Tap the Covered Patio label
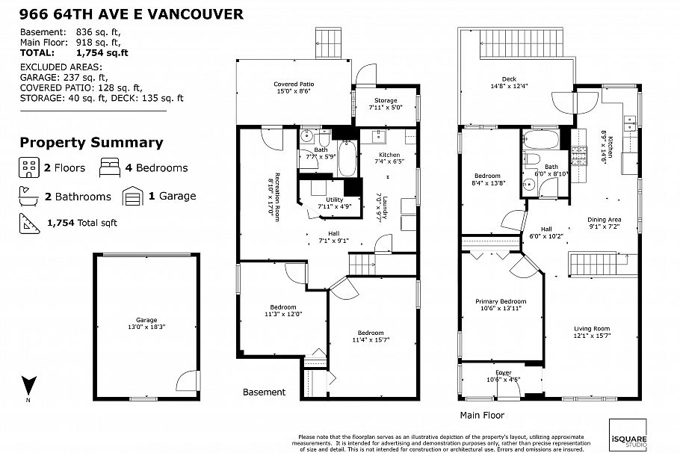pos(293,89)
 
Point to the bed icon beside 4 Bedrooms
pos(109,167)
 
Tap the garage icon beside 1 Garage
pos(133,197)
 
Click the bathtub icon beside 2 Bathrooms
pos(29,197)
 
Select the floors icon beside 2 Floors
pos(29,167)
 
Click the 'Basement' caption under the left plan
pos(264,392)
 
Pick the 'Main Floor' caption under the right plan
pos(482,415)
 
